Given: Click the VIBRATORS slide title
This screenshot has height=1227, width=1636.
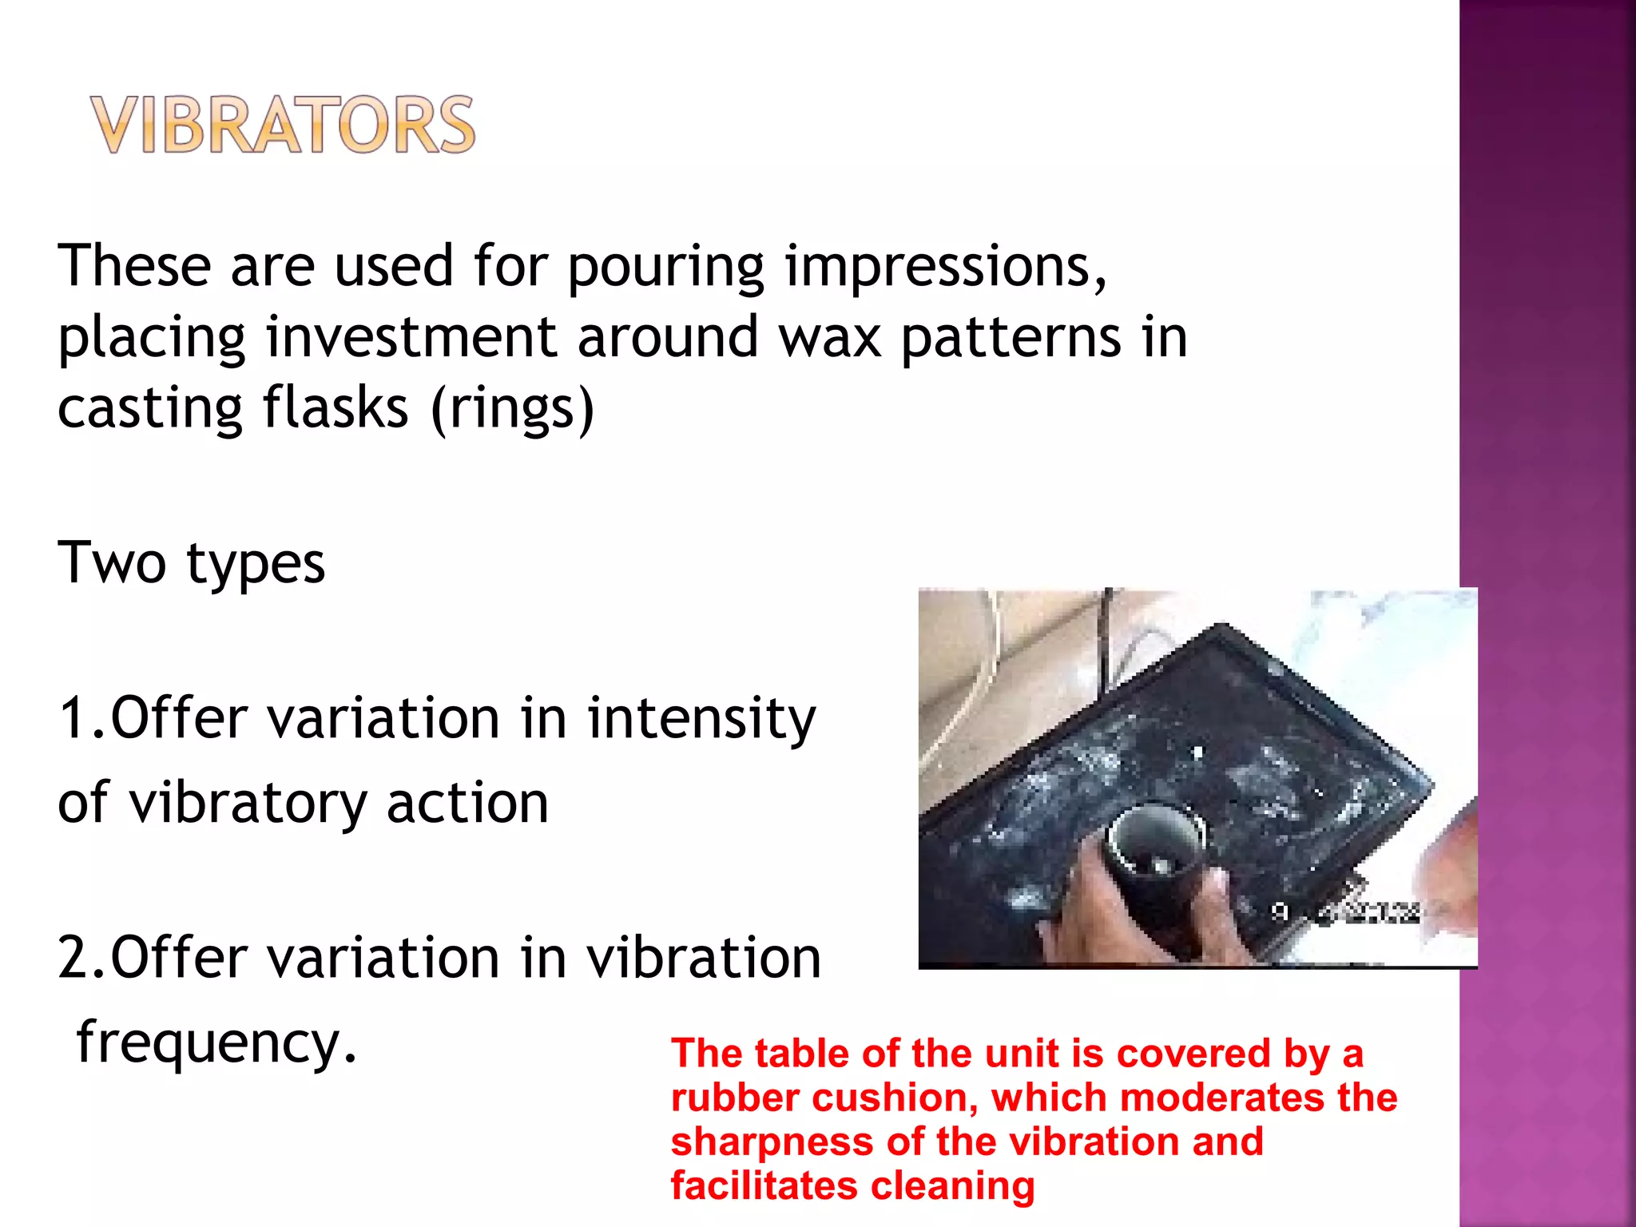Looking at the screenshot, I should point(283,125).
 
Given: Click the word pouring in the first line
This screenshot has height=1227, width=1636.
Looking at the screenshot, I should point(665,268).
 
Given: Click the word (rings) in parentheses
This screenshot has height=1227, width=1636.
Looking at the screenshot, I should point(512,409).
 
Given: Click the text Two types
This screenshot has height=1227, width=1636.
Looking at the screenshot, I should point(192,563).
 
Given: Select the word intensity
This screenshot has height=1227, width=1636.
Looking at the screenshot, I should point(701,717).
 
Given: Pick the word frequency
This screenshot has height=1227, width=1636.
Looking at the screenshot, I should point(216,1043).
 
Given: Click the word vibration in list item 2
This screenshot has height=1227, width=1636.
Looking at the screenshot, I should point(704,958).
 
